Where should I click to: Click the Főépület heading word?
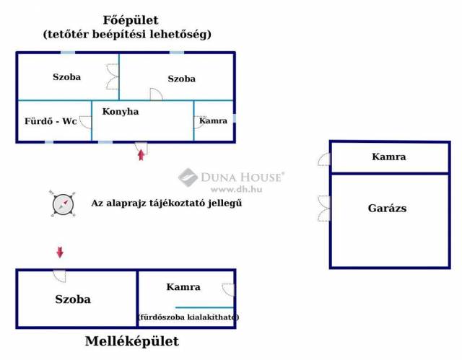[131, 21]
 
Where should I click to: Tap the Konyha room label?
[121, 112]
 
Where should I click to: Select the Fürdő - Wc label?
[51, 121]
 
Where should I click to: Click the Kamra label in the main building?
[214, 120]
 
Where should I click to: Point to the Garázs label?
[387, 208]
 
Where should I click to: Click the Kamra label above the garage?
[388, 157]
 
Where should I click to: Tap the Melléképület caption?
[131, 341]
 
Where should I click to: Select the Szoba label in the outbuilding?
[73, 299]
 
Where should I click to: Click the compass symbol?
[63, 204]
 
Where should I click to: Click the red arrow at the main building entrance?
[141, 155]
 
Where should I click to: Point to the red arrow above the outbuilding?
[60, 253]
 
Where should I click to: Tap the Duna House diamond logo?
[188, 177]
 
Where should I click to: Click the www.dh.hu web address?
[236, 189]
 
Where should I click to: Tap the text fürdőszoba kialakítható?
[188, 317]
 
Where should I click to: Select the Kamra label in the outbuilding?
[183, 287]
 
